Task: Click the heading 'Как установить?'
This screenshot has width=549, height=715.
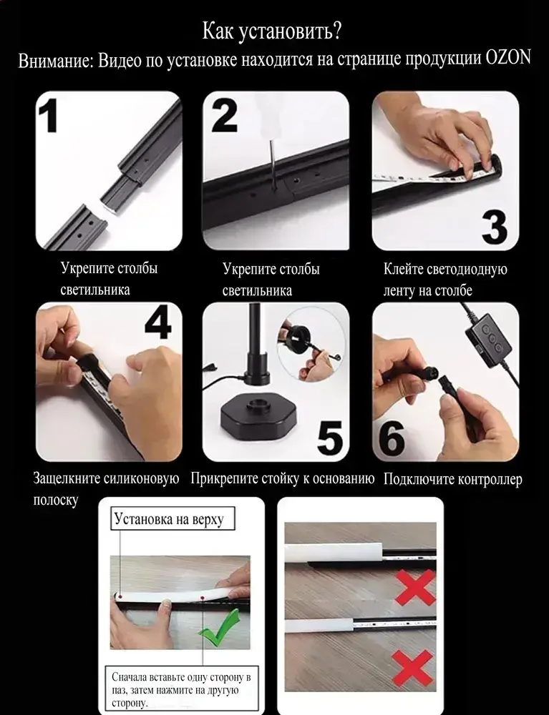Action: [272, 31]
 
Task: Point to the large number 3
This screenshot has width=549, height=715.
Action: [495, 227]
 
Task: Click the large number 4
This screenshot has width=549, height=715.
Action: [158, 322]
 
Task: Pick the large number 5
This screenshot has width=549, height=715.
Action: [329, 438]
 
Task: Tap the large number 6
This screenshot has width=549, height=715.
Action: [392, 438]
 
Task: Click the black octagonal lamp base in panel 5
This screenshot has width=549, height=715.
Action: [258, 418]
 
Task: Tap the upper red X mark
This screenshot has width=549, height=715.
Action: [415, 587]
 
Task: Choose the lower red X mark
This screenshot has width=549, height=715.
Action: [412, 668]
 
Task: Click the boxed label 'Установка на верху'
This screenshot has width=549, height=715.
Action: [173, 518]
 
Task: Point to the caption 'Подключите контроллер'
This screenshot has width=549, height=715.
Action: [452, 479]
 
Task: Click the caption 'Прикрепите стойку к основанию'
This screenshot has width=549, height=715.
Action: [283, 479]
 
